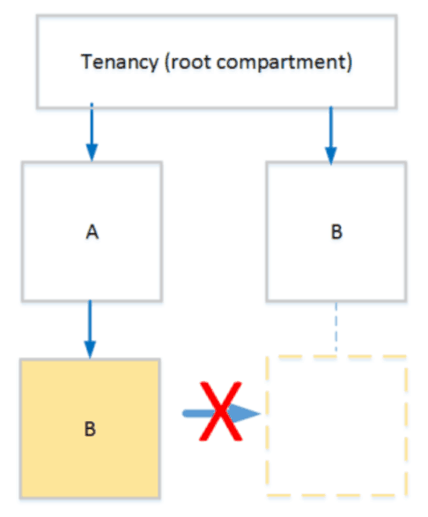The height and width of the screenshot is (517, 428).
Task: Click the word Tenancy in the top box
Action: (x=112, y=63)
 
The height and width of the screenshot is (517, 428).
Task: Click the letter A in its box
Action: (x=91, y=233)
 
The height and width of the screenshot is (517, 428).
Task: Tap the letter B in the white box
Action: (x=336, y=233)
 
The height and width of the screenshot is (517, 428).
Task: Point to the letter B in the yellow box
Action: (x=90, y=429)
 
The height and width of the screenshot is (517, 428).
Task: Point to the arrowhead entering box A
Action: (x=91, y=153)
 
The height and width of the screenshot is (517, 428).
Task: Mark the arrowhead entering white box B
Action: (x=330, y=156)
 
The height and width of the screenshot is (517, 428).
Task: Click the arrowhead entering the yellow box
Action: (x=91, y=350)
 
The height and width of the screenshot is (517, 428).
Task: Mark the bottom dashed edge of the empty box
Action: (x=336, y=494)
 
